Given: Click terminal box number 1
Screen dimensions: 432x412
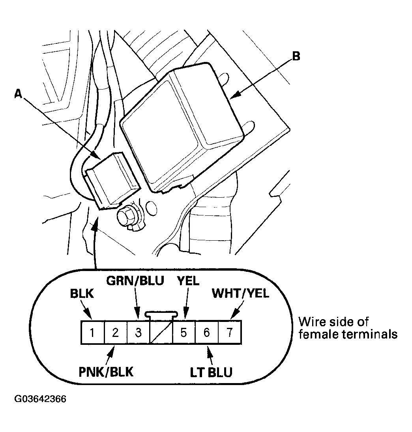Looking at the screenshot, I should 92,333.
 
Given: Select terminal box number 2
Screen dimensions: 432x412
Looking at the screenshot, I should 115,333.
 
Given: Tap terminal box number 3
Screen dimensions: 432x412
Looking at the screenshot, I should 138,333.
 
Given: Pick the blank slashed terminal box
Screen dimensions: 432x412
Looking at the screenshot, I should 161,333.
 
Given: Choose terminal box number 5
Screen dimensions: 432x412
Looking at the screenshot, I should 184,333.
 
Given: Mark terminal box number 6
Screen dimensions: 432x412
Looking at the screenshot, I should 207,333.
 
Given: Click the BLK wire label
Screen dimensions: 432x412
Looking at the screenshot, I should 82,294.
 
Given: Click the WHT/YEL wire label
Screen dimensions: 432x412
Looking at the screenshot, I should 240,294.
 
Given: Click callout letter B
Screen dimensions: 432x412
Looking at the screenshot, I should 296,56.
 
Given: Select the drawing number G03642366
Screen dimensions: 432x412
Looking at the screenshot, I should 40,399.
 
